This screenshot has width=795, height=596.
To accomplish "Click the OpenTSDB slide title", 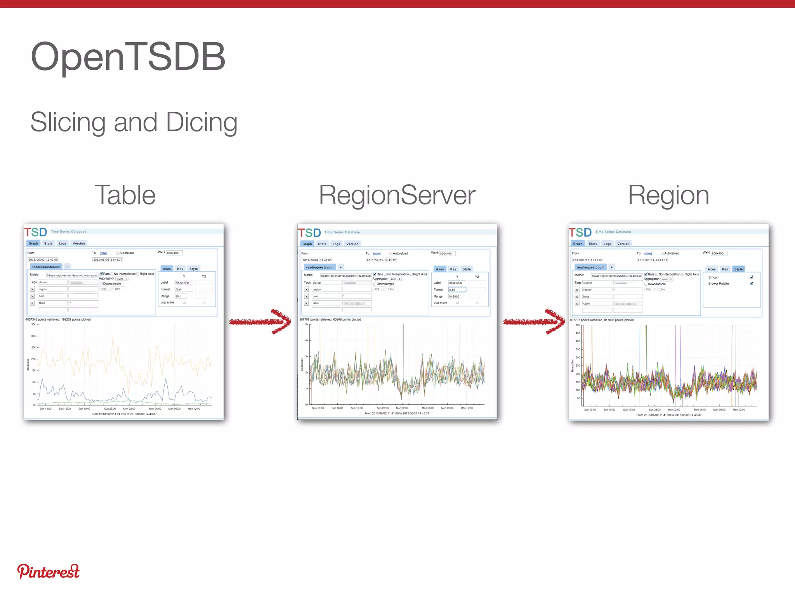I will tap(128, 57).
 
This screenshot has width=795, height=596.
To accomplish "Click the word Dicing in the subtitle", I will tap(201, 122).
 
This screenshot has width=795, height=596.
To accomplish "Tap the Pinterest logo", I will tap(48, 572).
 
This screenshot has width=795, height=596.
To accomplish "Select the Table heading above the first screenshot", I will tap(125, 195).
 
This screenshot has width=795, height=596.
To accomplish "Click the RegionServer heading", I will tap(397, 195).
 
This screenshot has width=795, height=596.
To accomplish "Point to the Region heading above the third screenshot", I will tap(668, 195).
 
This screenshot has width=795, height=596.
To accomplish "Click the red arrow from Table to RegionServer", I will tap(260, 321).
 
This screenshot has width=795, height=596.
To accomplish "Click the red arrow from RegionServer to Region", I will tap(534, 321).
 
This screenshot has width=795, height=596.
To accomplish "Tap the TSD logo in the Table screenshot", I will tap(36, 232).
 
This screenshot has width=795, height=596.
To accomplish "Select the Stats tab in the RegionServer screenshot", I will tap(322, 244).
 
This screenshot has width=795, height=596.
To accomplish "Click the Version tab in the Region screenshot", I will tap(623, 244).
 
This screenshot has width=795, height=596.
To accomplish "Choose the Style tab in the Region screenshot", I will tap(738, 269).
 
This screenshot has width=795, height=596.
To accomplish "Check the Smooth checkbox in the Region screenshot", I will tap(752, 277).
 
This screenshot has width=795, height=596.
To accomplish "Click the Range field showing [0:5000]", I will tap(454, 296).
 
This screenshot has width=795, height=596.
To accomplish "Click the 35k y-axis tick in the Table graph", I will tap(33, 324).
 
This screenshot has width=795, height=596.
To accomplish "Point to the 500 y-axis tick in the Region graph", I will tap(578, 325).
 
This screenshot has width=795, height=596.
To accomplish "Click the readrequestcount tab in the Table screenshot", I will tap(46, 267).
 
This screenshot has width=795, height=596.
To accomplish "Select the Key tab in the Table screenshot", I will tap(180, 269).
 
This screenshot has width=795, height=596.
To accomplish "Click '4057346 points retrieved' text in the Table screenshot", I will tap(42, 320).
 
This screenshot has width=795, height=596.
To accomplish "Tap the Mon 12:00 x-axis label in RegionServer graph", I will tap(467, 408).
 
